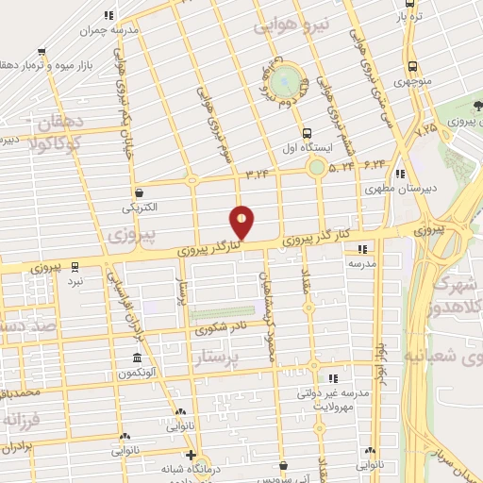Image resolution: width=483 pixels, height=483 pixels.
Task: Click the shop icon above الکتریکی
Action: click(x=139, y=191)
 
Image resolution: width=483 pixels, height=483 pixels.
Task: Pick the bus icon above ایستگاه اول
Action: click(x=306, y=134)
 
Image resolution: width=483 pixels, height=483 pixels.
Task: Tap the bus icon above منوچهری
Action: click(x=413, y=67)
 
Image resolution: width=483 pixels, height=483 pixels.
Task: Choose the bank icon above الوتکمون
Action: click(x=138, y=358)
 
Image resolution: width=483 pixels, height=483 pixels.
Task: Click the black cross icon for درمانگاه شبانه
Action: click(x=192, y=456)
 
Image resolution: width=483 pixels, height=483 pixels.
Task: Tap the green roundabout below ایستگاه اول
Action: click(x=315, y=168)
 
